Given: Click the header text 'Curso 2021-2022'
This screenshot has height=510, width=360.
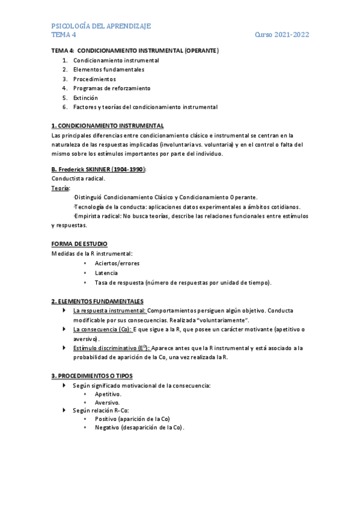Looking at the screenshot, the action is [282, 35].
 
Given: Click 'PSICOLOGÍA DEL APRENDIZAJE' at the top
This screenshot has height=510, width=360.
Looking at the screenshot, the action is [101, 26].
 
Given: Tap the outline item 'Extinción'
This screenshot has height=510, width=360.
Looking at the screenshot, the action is [85, 97].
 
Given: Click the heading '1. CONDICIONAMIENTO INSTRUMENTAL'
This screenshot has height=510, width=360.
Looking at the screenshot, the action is [108, 126].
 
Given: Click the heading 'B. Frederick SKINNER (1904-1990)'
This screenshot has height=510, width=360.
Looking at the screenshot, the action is [99, 170].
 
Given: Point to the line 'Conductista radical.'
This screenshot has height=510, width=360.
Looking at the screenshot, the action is [79, 179].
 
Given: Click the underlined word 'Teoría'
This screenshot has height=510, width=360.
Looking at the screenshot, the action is [61, 188].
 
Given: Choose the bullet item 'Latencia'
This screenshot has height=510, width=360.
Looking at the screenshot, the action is [106, 273].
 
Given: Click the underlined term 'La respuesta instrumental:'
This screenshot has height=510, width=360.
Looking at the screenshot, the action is [110, 311].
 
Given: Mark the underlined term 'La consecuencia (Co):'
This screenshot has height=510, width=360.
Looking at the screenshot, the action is [102, 330].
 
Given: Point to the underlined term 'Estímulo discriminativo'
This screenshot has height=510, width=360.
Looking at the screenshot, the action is [106, 348].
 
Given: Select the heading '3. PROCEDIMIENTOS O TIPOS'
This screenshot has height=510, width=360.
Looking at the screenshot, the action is [96, 376].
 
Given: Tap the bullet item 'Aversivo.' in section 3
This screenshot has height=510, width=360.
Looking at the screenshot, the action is [108, 402].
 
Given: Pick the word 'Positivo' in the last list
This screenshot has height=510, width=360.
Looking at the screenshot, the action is [106, 419].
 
